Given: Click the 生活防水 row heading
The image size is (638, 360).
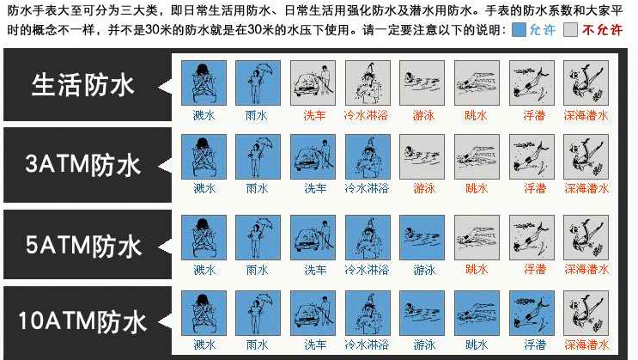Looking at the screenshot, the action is [x=82, y=85].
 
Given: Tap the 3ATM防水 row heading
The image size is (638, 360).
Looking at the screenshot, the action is [x=83, y=165].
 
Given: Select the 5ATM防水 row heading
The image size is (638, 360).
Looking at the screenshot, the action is [x=83, y=246].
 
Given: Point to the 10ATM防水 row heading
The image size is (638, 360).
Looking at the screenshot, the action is [x=82, y=320].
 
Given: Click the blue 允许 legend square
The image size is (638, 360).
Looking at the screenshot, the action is [x=519, y=30].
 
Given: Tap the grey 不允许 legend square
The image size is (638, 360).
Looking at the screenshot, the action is [x=570, y=30].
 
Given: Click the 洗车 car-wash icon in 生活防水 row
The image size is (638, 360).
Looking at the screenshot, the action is [x=313, y=83].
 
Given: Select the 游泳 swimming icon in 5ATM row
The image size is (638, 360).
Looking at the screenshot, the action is [x=422, y=237].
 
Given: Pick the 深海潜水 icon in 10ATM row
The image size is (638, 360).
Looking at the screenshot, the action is [x=586, y=313].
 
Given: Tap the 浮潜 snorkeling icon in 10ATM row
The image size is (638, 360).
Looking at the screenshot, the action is [x=532, y=313].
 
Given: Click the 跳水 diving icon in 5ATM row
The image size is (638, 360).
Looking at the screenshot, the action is [x=477, y=237].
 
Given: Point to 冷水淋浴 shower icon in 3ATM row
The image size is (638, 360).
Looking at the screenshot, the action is [x=368, y=156].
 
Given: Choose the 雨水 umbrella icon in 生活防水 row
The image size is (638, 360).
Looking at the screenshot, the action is [x=258, y=83].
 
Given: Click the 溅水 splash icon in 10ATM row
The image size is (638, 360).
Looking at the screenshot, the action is [x=204, y=313].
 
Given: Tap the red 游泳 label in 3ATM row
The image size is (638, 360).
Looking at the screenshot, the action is [x=424, y=188].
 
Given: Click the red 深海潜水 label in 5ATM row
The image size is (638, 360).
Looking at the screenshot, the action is [x=586, y=269].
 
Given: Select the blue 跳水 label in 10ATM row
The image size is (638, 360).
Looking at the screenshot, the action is [x=477, y=345].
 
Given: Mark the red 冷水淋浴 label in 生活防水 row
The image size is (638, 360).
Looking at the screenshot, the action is [x=366, y=115].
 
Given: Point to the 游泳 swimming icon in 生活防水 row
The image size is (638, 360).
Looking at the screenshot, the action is [x=422, y=83].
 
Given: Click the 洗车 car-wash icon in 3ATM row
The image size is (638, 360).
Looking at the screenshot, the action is [x=313, y=156].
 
